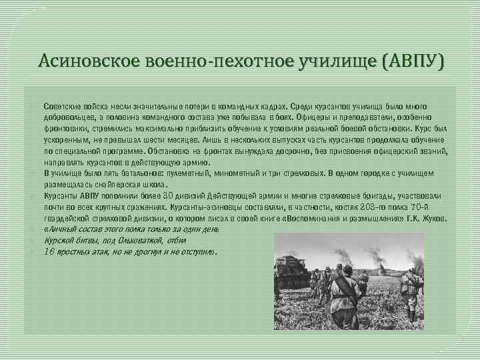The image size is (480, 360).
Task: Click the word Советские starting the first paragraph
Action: point(63,106)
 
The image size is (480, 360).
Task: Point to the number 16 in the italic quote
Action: point(49,252)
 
